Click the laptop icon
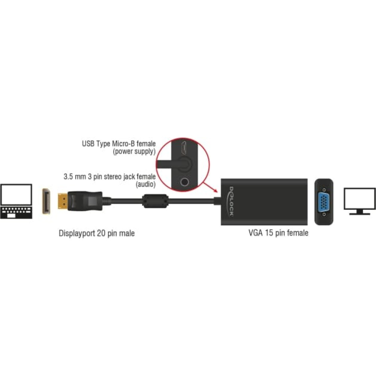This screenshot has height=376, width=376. click(x=16, y=201)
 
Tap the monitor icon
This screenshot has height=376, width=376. click(x=360, y=201)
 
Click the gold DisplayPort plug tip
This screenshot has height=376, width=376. click(x=62, y=201)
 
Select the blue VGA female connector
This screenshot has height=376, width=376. click(x=324, y=202)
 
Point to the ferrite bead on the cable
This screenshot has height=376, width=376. click(x=155, y=201)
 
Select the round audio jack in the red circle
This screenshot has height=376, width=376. click(x=184, y=182)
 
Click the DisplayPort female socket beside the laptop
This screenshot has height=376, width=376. click(x=46, y=201)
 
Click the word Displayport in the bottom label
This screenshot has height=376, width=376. click(x=76, y=233)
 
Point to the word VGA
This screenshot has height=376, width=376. click(x=255, y=233)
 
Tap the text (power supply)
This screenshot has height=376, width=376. click(x=134, y=152)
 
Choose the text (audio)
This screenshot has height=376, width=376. click(x=146, y=184)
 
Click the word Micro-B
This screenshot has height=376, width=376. click(x=123, y=144)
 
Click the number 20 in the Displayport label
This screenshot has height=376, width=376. click(x=101, y=233)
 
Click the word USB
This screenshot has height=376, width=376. click(x=88, y=144)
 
